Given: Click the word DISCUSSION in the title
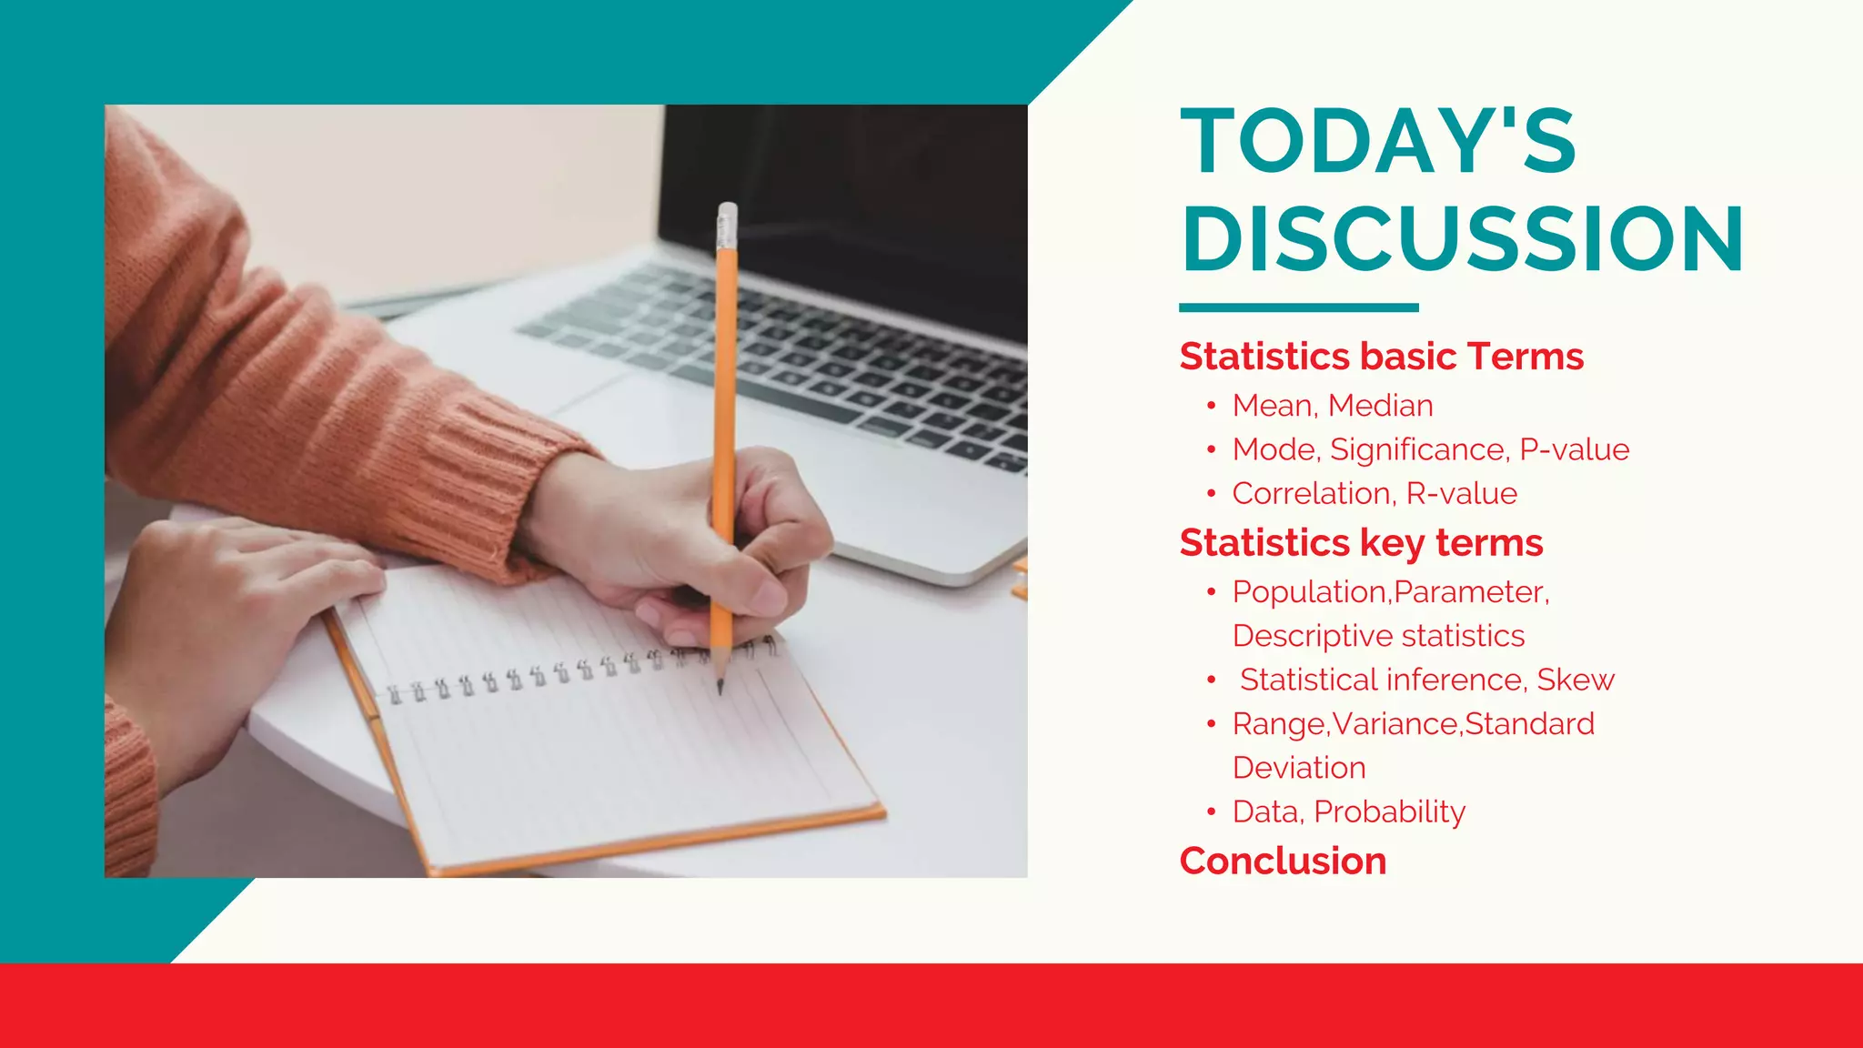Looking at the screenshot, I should click(x=1462, y=238).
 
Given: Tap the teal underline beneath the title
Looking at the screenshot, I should click(x=1298, y=307).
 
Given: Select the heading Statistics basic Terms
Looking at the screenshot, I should click(x=1381, y=357).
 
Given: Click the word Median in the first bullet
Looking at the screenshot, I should click(x=1380, y=406).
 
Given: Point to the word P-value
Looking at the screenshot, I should click(x=1574, y=449).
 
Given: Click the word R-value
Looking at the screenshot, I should click(x=1461, y=494).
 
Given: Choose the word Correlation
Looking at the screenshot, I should click(x=1314, y=494).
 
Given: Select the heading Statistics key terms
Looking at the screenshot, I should click(x=1361, y=543).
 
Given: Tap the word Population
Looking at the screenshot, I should click(x=1309, y=592).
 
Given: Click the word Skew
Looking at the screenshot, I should click(x=1576, y=680).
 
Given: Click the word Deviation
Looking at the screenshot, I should click(x=1299, y=768).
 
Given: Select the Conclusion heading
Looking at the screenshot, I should click(x=1283, y=862).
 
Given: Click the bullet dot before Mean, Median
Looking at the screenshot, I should click(x=1211, y=406).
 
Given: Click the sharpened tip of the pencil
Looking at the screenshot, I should click(x=720, y=689).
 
